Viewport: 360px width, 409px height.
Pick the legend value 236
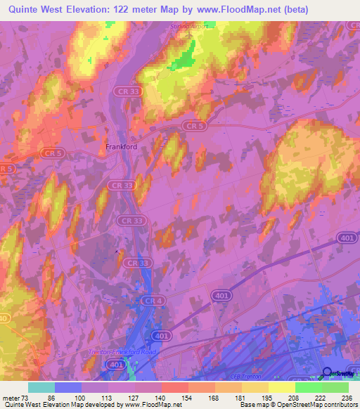click(x=345, y=398)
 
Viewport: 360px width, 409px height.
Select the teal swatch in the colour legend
click(x=41, y=387)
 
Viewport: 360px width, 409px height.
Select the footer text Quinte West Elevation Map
click(x=42, y=405)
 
